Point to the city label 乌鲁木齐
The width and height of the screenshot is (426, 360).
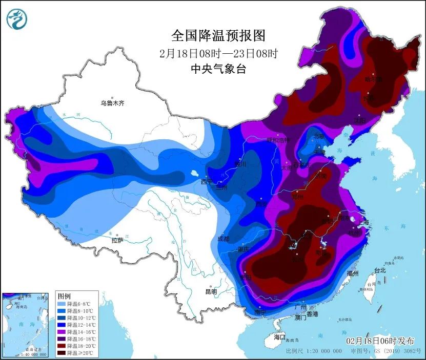pos(112,103)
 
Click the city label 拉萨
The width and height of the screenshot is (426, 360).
pos(117,240)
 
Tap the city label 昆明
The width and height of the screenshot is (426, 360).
pos(211,291)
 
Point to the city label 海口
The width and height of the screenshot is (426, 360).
pos(279,337)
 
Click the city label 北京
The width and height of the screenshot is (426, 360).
pos(319,136)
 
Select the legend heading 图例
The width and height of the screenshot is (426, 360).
pos(64,297)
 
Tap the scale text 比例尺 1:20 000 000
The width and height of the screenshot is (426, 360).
pos(314,351)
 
